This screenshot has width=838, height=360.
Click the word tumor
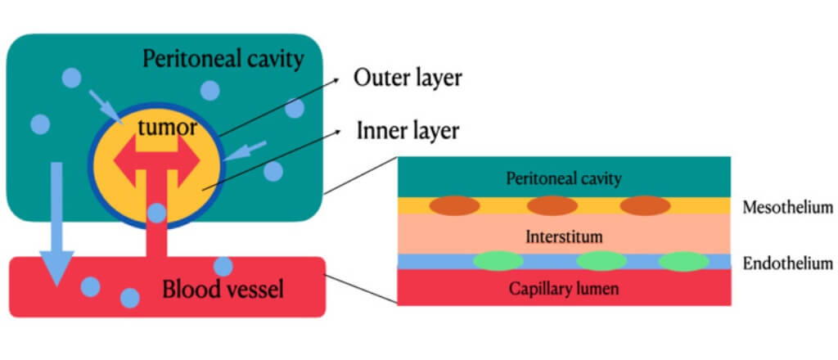coord(167,128)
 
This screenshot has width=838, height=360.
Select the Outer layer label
coord(408,79)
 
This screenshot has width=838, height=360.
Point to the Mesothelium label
coord(787,208)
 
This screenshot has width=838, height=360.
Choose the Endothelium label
coord(787,263)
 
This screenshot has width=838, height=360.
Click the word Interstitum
coord(564,236)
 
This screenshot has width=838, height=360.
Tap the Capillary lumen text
coord(564,288)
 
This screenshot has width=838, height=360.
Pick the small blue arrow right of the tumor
coord(250,150)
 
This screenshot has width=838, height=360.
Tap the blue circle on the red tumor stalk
coord(156,214)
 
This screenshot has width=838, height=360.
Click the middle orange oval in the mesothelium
coord(553,205)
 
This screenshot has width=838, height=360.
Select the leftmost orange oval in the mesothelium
coord(454,205)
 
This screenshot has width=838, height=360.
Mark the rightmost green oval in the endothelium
coord(683,261)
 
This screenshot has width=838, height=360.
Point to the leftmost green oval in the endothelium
coord(498,261)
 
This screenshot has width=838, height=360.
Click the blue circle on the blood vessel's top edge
coord(223,266)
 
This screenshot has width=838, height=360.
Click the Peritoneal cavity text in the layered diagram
coord(564,178)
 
